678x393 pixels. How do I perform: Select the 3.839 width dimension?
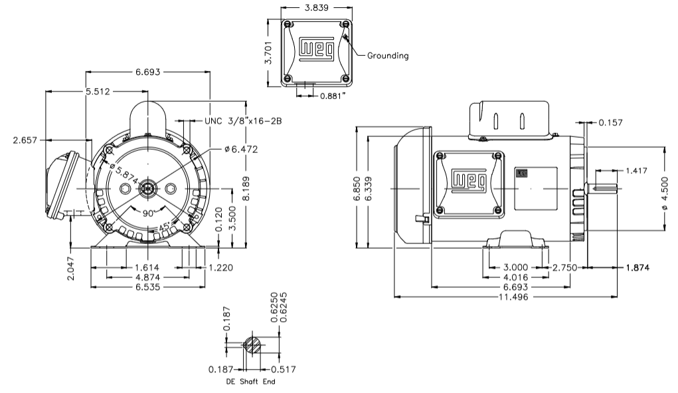(315, 9)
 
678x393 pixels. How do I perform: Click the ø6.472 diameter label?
(240, 149)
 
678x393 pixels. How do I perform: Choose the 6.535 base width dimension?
(149, 287)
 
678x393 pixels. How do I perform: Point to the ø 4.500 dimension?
(665, 190)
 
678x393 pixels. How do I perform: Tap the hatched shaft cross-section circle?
(252, 345)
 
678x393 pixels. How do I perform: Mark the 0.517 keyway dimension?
(283, 369)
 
